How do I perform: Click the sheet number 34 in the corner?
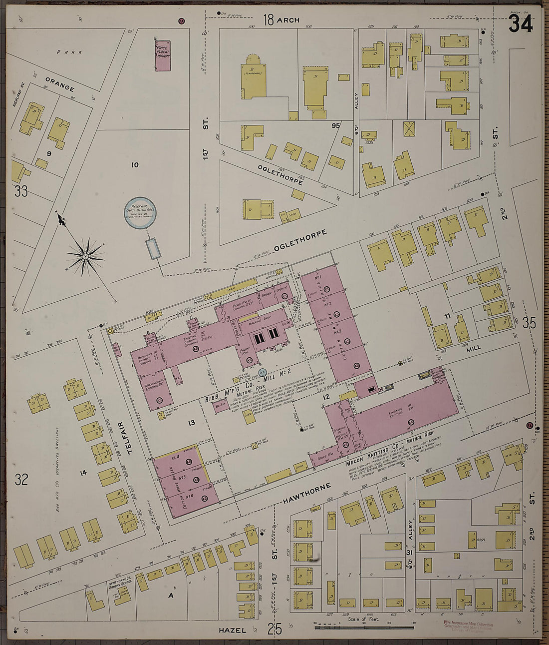(x=521, y=23)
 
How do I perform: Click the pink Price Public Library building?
(x=162, y=55)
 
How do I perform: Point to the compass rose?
(x=86, y=257)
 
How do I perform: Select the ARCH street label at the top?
(x=288, y=20)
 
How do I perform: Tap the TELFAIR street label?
(x=131, y=436)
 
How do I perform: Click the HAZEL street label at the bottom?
(x=233, y=631)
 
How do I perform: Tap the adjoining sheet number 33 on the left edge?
(x=20, y=191)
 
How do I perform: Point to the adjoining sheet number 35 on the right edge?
(x=530, y=323)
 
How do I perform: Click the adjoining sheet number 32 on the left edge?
(x=21, y=480)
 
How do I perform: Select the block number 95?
(x=335, y=126)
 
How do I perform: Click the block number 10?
(x=135, y=165)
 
